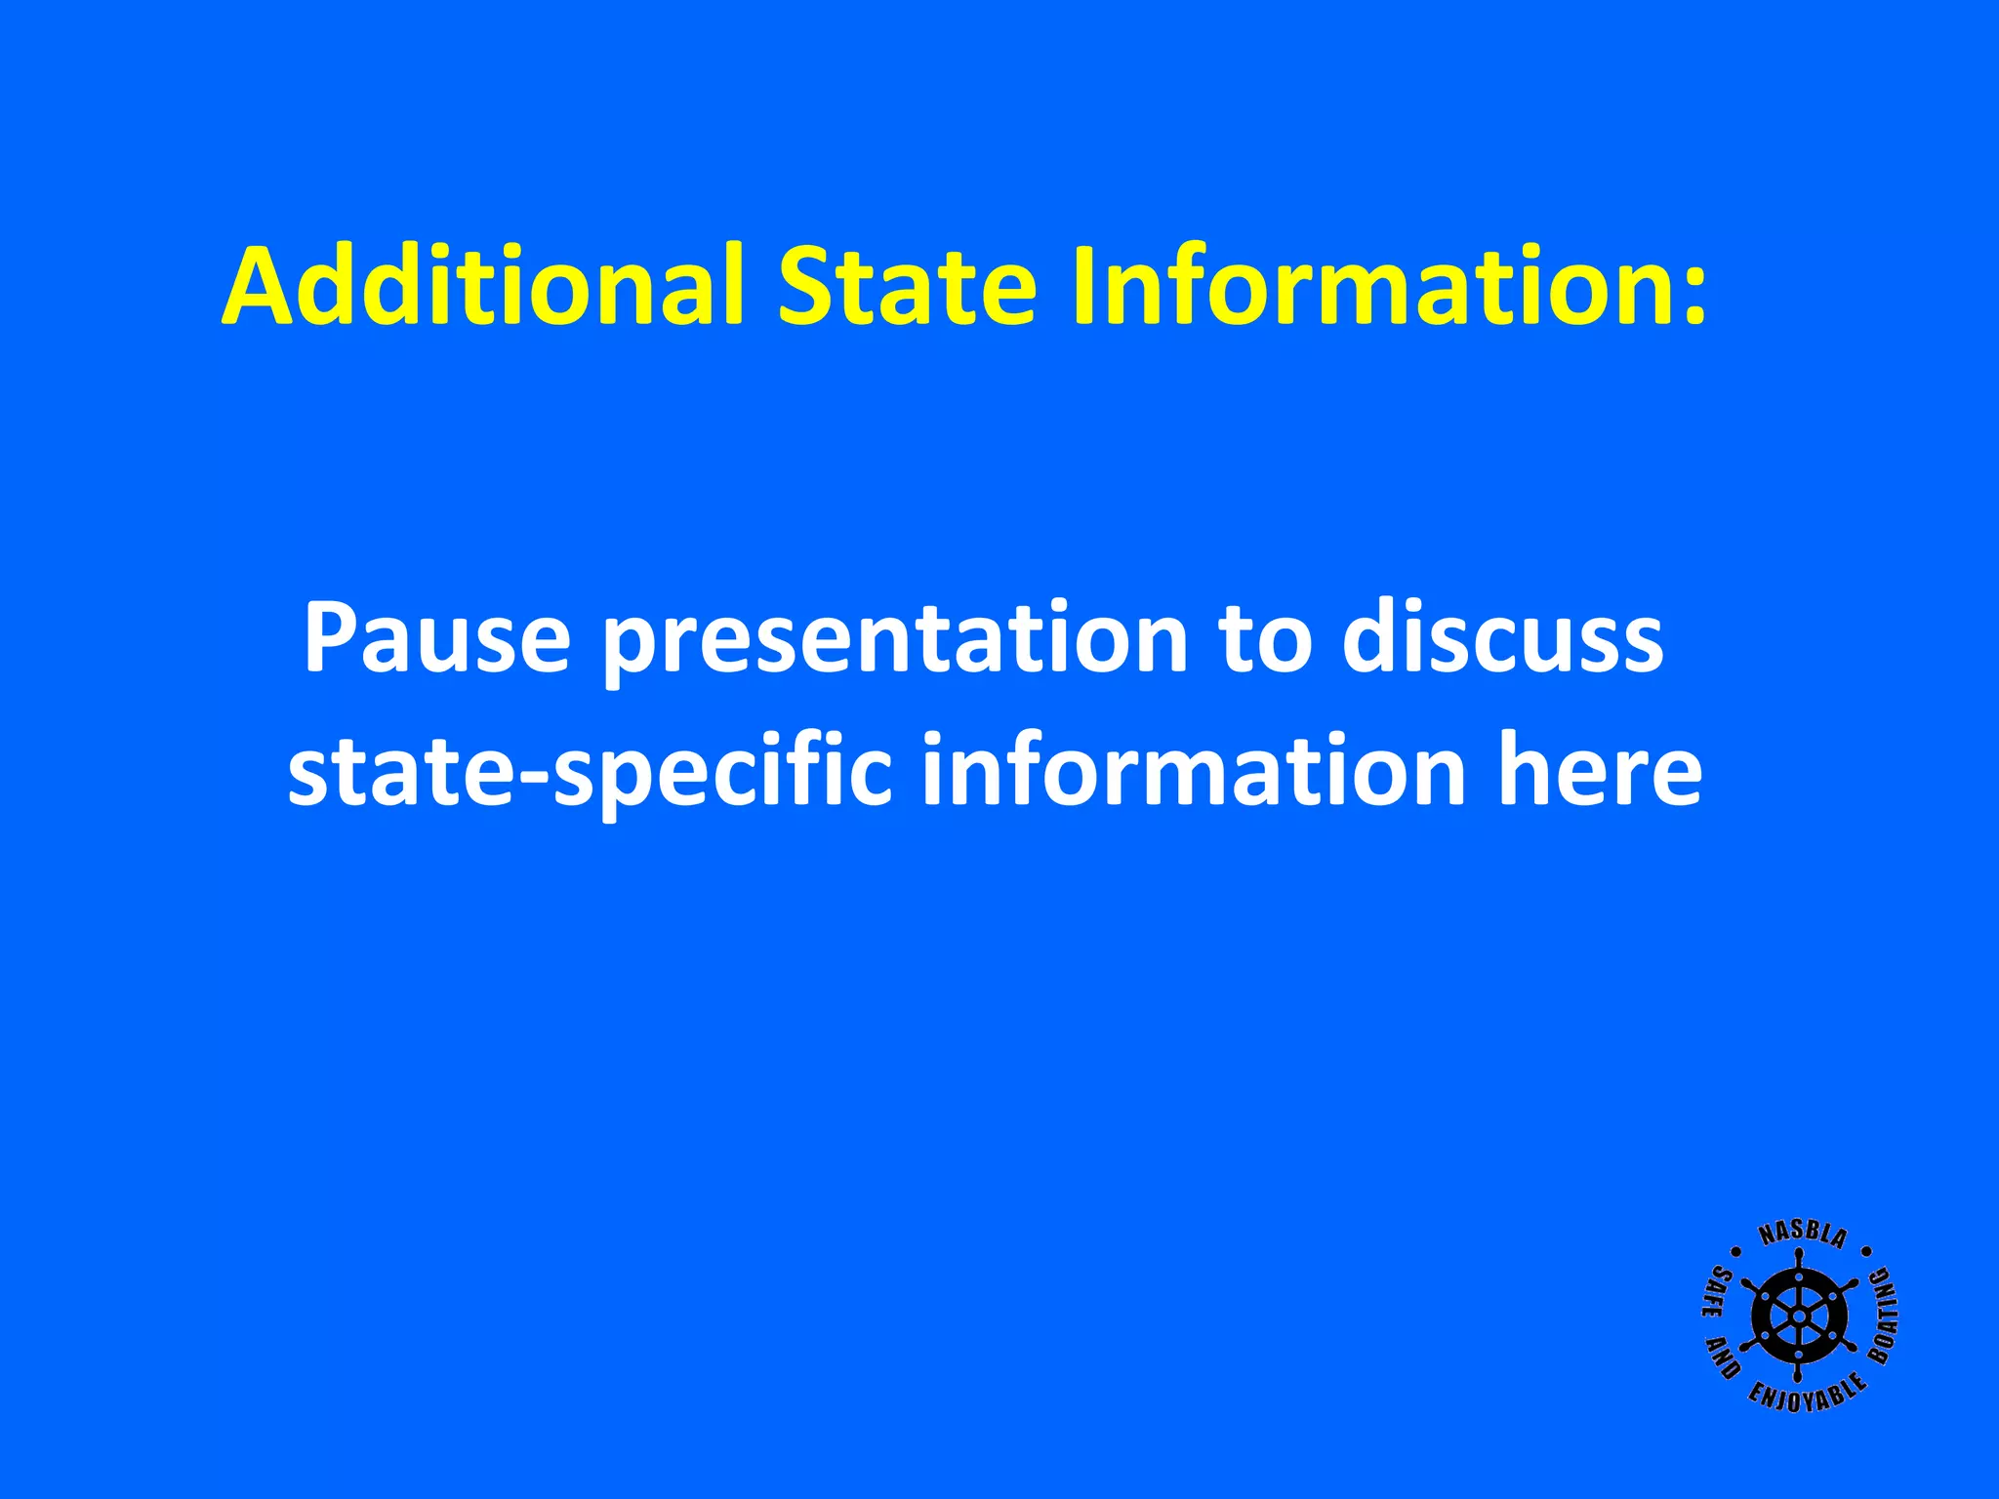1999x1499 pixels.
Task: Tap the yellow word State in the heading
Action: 906,285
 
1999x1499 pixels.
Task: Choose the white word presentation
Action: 894,644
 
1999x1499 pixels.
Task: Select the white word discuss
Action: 1503,638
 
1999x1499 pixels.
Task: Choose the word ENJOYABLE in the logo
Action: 1807,1397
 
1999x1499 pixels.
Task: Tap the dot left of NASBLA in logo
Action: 1736,1251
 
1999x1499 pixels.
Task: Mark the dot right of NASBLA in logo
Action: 1866,1250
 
